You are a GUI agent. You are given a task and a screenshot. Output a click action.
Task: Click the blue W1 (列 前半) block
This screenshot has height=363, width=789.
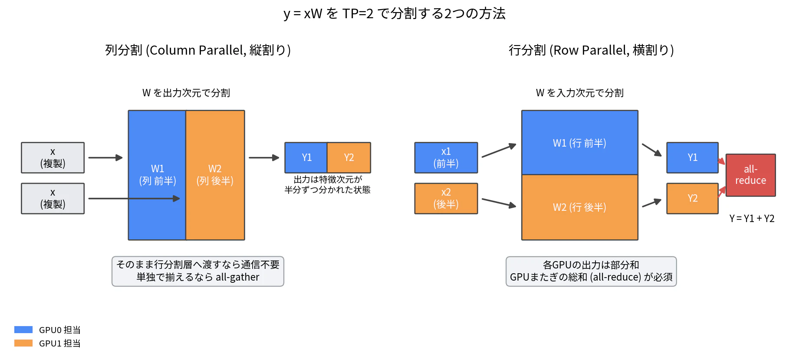[157, 175]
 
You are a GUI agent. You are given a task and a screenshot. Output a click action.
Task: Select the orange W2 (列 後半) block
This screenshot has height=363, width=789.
[215, 175]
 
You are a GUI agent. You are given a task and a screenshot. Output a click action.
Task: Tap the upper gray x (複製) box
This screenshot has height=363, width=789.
[53, 158]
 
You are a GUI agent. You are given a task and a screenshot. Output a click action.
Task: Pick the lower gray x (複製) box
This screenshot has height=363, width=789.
[53, 199]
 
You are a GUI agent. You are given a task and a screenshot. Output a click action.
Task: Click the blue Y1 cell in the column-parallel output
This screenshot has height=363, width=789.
[306, 158]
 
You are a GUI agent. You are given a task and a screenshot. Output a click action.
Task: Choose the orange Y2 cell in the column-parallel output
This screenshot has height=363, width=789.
[349, 158]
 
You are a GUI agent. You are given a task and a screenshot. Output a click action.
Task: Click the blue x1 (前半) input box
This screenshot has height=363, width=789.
[446, 158]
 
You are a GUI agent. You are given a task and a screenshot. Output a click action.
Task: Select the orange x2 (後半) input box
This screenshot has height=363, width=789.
[446, 199]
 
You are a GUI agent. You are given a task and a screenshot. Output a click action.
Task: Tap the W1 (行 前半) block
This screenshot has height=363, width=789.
[580, 143]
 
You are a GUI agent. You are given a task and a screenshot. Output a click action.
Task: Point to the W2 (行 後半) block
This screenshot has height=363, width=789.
[580, 207]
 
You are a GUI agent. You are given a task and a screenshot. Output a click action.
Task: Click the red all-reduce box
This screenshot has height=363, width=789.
[751, 175]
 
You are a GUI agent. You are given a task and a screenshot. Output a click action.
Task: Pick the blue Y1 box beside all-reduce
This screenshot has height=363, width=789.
[693, 158]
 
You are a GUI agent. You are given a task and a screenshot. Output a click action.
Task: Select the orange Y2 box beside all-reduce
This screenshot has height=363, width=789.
[693, 199]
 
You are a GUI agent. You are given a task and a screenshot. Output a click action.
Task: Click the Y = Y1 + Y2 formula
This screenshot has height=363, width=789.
[752, 219]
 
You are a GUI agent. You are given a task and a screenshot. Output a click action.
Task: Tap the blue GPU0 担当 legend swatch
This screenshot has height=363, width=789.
[23, 330]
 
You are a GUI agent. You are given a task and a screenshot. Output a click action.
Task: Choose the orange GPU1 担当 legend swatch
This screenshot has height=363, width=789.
[23, 343]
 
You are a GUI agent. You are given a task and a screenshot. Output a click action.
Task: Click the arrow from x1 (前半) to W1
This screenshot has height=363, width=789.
[499, 150]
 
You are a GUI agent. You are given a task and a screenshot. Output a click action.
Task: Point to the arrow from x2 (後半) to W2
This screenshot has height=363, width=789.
[499, 203]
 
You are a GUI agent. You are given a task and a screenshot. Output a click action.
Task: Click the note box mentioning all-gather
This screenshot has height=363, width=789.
[198, 271]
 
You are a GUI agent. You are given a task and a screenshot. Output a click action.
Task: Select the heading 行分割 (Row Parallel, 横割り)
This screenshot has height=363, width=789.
[591, 50]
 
